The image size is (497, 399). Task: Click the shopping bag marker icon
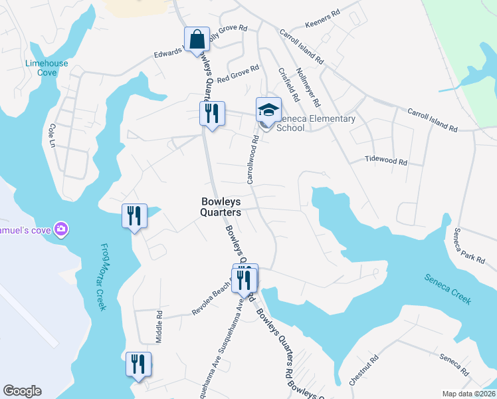point(197,39)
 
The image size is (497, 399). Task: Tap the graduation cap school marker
point(268,110)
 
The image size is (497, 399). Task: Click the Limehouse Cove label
point(41,67)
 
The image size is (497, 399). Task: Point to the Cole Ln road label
point(51,134)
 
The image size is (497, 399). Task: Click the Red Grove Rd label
point(237,73)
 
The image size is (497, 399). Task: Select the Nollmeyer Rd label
point(308,88)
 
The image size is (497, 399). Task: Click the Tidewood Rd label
point(385,160)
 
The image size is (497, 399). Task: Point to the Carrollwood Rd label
point(252,160)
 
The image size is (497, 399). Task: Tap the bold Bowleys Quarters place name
point(221,206)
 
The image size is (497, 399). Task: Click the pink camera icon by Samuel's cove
point(61,229)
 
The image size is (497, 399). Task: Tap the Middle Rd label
point(159,326)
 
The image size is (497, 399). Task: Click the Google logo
point(22,391)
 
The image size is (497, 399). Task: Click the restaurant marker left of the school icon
point(212,114)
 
